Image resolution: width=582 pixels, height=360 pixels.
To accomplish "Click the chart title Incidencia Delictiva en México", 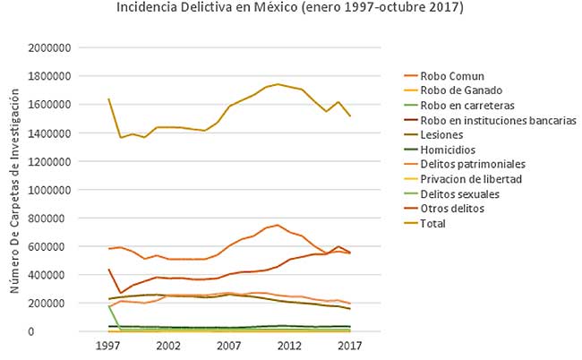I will pos(291,8).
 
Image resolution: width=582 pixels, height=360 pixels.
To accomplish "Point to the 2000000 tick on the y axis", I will pos(50,47).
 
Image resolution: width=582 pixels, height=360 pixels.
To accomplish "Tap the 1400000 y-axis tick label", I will pos(50,133).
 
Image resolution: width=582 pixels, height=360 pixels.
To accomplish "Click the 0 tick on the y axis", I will pos(70,331).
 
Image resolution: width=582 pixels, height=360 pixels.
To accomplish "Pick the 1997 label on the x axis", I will pos(108,345).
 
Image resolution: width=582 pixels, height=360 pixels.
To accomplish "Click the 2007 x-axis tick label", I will pos(228,345).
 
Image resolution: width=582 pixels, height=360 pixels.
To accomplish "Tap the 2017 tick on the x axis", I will pos(347,345).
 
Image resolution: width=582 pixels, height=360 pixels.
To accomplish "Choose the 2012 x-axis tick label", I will pos(288,345).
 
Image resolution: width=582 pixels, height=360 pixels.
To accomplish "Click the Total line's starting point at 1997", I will pos(108,99).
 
